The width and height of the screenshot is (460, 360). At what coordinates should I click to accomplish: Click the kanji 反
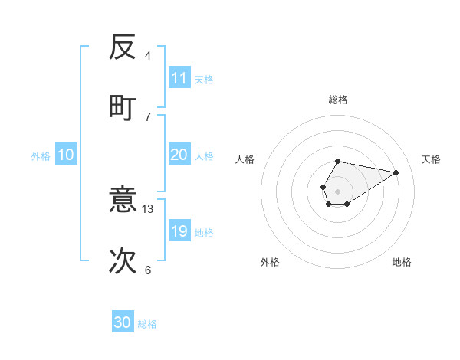click(123, 47)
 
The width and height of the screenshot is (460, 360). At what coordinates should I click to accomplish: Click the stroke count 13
click(148, 208)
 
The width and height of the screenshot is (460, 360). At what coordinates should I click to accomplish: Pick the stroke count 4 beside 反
click(148, 56)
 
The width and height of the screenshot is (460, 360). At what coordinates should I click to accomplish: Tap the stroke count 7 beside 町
click(148, 116)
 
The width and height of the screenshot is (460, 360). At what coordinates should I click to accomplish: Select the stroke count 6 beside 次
click(148, 270)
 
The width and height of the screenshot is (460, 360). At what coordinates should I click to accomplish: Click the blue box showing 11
click(179, 78)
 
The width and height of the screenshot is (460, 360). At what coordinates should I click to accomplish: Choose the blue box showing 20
click(179, 155)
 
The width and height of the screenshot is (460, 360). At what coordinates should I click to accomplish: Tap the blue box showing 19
click(179, 231)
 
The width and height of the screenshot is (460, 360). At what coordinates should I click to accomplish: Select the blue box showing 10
click(65, 155)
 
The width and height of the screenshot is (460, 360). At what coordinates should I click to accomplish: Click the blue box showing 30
click(123, 322)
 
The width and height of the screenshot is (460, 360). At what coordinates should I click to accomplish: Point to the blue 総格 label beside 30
click(147, 324)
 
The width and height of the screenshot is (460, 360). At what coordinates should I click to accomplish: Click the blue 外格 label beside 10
click(41, 156)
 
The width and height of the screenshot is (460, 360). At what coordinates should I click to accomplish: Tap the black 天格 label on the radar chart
click(431, 159)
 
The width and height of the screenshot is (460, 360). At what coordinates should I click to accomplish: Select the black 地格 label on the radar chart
click(402, 262)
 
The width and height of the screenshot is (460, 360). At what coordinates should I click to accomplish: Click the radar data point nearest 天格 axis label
click(396, 172)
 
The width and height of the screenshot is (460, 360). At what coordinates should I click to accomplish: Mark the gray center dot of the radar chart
click(337, 191)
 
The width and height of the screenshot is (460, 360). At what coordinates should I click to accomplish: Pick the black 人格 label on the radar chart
click(245, 159)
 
